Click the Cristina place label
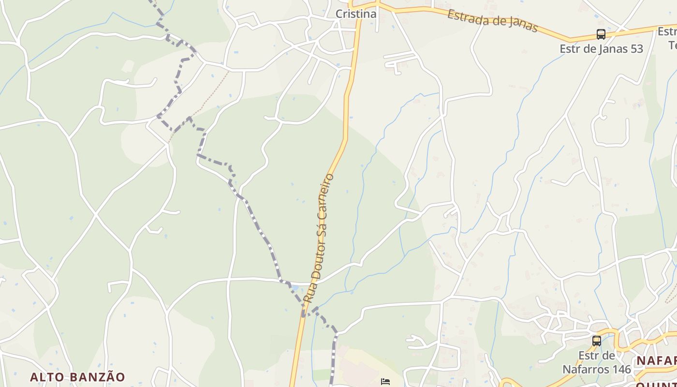click(356, 14)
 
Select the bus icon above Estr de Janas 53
click(601, 34)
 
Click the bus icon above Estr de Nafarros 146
click(597, 341)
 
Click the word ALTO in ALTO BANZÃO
click(47, 377)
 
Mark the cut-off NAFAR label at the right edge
click(656, 361)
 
